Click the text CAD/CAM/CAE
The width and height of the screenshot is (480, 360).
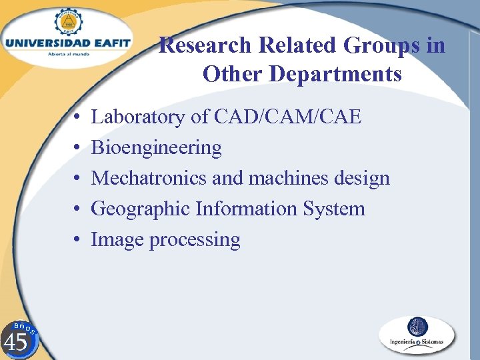tap(288, 117)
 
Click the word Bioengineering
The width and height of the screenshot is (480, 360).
tap(156, 148)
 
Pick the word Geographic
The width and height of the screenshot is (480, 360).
tap(141, 209)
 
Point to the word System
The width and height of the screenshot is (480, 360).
tap(334, 209)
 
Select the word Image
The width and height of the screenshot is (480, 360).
tap(117, 239)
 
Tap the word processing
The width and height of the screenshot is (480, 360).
tap(195, 240)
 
